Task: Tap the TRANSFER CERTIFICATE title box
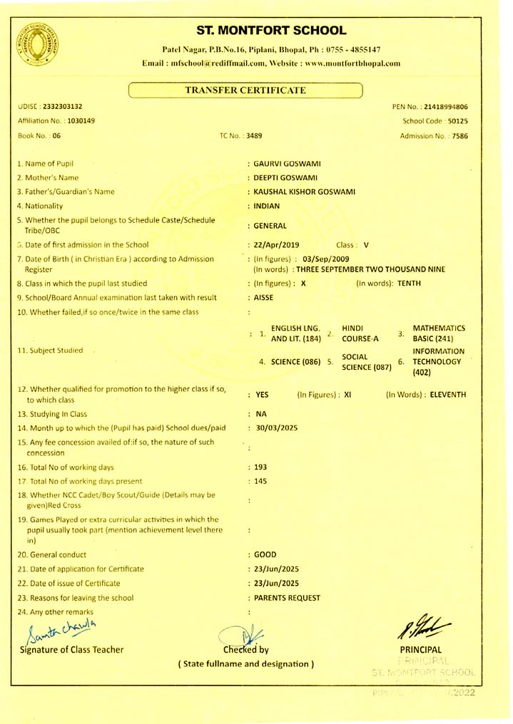point(245,90)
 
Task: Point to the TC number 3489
point(255,135)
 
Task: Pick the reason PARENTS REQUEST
point(287,597)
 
